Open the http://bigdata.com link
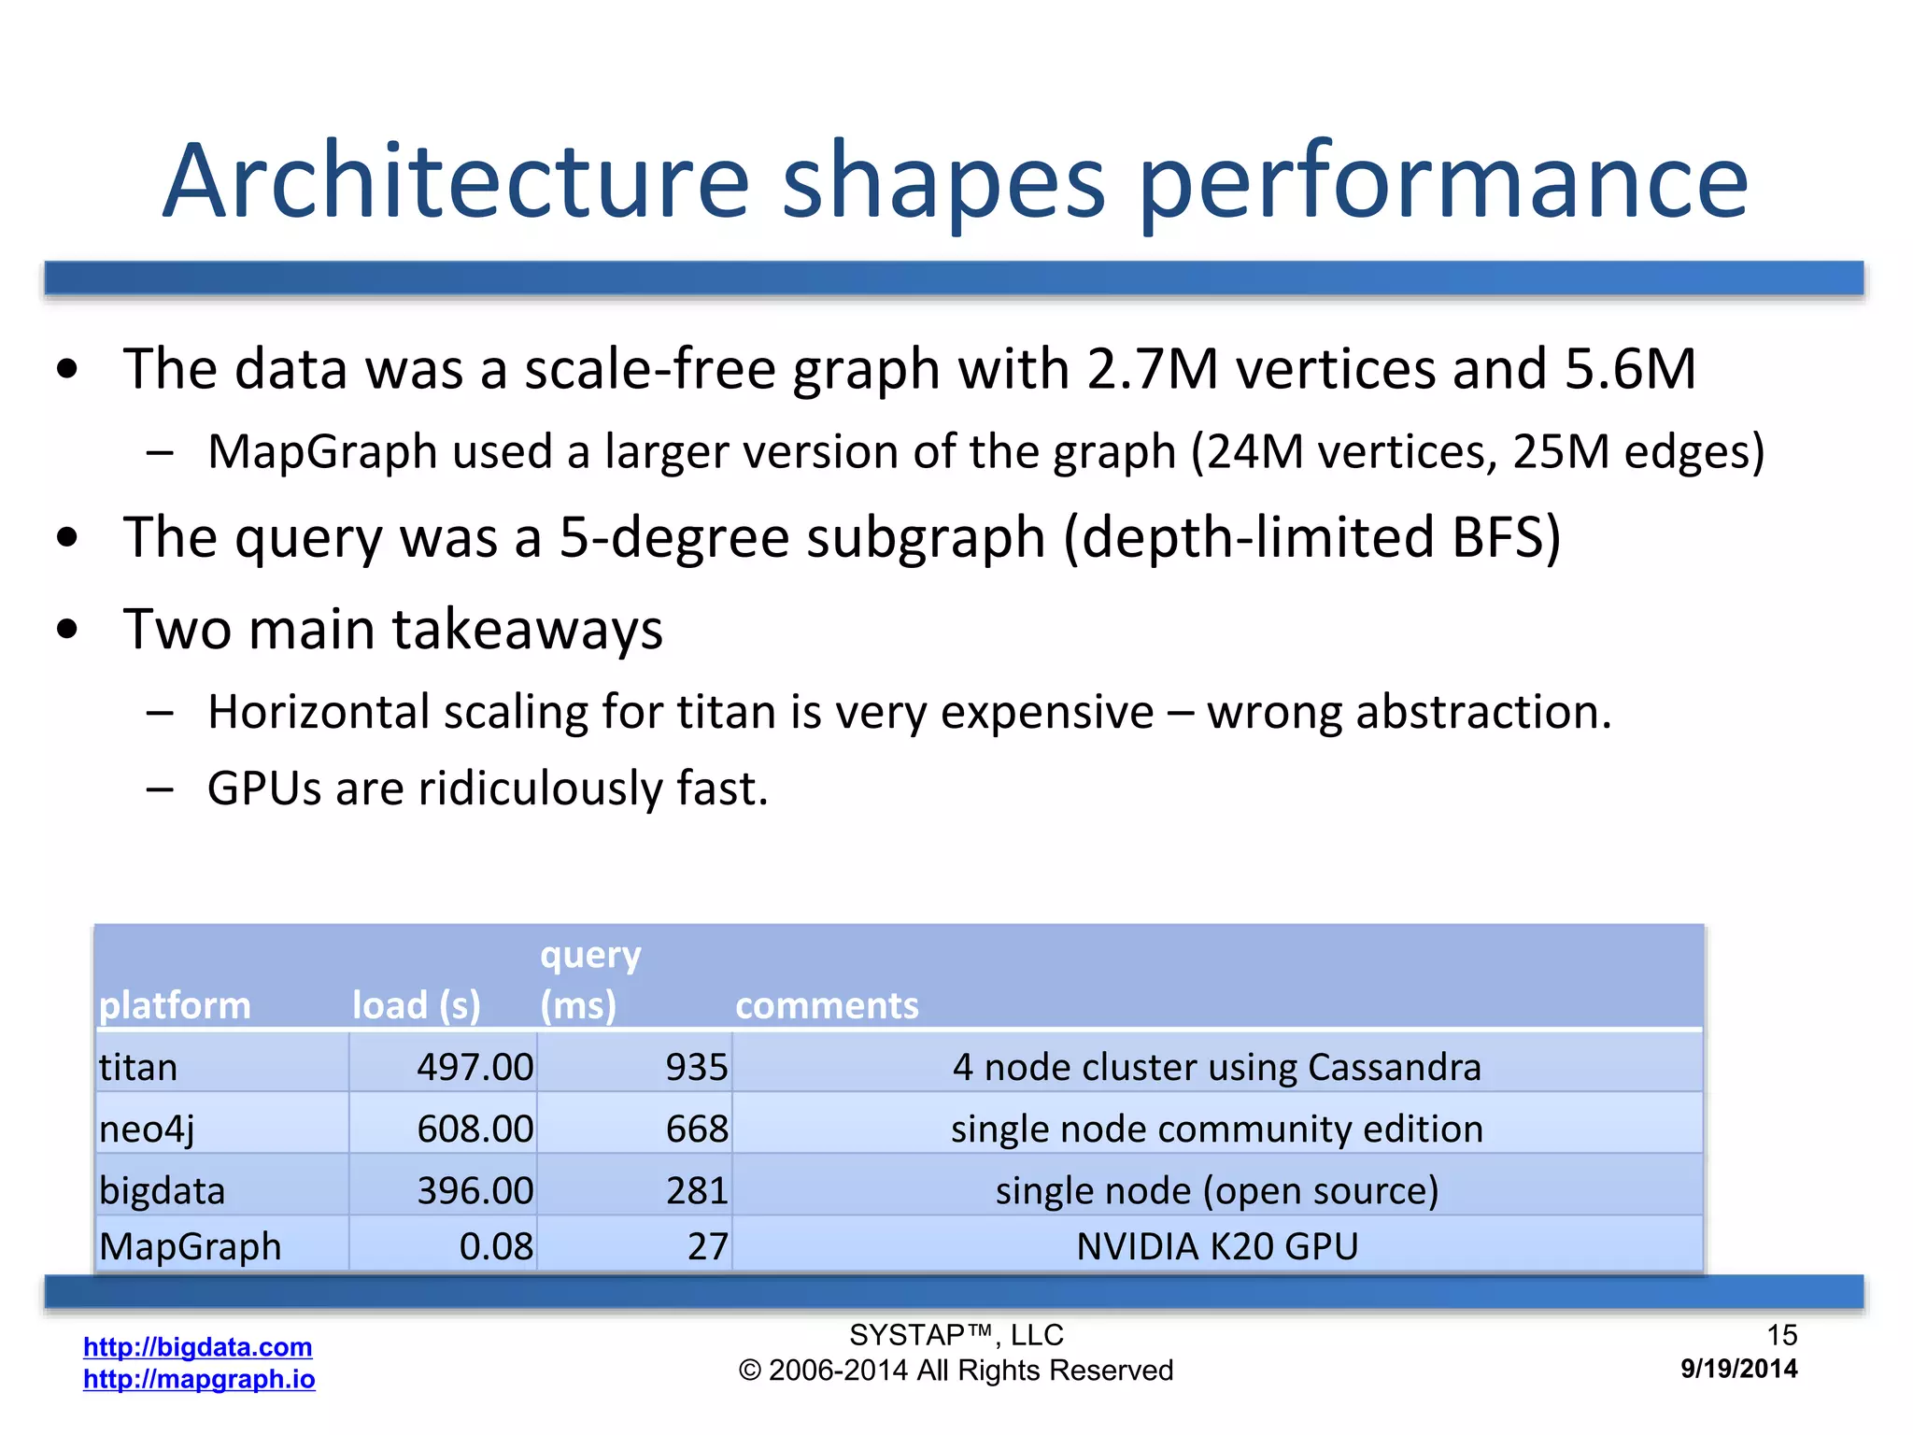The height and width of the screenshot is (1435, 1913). [x=197, y=1346]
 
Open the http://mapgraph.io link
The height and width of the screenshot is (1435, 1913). [x=199, y=1379]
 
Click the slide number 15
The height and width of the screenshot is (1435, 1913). [x=1781, y=1335]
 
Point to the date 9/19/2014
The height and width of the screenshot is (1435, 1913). [x=1738, y=1369]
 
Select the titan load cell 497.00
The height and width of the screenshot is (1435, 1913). [x=475, y=1067]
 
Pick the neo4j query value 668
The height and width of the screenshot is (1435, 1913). [x=696, y=1129]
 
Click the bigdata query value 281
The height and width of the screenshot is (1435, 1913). [x=696, y=1190]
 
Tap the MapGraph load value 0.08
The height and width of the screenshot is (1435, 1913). [x=496, y=1246]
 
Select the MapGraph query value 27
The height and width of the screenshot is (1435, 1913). [x=707, y=1246]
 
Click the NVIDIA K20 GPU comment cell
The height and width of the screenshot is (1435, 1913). [x=1216, y=1246]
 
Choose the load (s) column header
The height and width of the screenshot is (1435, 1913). [x=417, y=1005]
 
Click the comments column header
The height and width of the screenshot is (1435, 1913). [x=827, y=1005]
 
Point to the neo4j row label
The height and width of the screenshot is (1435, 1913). [x=147, y=1129]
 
